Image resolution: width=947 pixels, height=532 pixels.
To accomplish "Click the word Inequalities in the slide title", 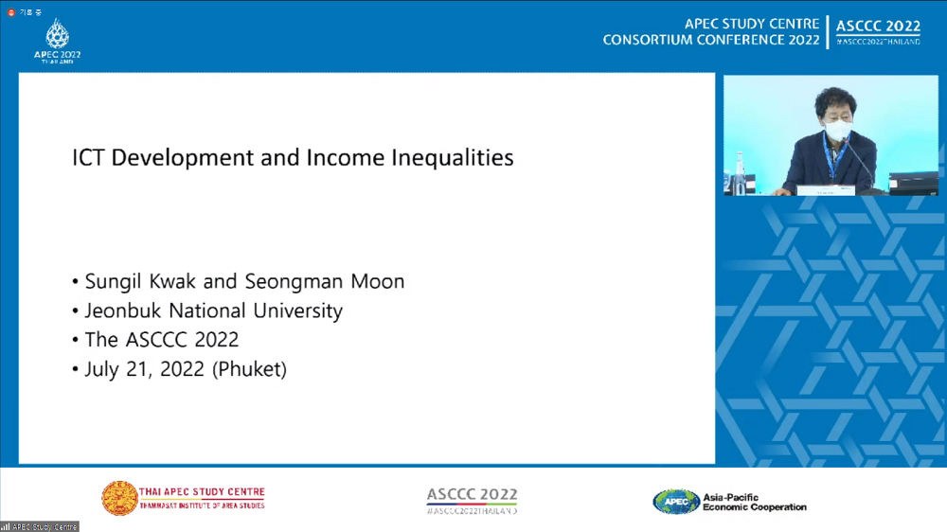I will [x=453, y=157].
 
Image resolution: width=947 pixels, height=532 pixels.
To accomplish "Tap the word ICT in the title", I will [x=89, y=157].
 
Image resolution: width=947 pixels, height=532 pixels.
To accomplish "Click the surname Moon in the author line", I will [x=379, y=281].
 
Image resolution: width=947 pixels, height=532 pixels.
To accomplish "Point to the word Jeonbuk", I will [x=123, y=310].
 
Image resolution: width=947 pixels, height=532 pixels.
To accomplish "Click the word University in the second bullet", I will [x=296, y=310].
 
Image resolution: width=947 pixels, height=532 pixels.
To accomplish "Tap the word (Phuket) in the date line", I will [x=248, y=369].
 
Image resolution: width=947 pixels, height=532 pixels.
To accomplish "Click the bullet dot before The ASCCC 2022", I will [x=76, y=341].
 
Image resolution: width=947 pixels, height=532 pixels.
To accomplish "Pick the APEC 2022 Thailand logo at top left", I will [x=57, y=39].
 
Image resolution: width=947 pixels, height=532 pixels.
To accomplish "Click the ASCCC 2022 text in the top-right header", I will [x=878, y=27].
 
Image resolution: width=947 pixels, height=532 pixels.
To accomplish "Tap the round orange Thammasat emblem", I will [x=119, y=498].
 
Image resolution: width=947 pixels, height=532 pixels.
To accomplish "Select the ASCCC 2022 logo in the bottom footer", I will [x=472, y=499].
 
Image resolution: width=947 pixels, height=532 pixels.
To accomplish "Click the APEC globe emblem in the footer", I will [x=676, y=501].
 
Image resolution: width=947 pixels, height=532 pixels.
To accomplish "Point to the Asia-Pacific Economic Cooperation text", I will [x=755, y=502].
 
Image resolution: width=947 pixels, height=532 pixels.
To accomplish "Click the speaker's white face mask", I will [x=837, y=130].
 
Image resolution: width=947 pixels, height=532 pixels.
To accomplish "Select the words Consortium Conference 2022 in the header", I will [x=711, y=40].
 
